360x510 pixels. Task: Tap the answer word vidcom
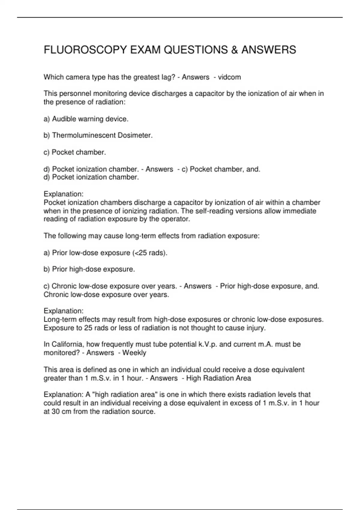coord(229,77)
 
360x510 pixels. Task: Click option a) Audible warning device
coord(86,119)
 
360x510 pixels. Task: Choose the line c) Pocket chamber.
coord(75,152)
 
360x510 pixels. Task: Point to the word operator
coord(177,219)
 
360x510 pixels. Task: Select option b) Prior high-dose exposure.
coord(89,269)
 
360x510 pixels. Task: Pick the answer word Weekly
coord(134,353)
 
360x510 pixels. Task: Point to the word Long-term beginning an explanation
coord(58,319)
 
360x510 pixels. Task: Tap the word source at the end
coord(144,412)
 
